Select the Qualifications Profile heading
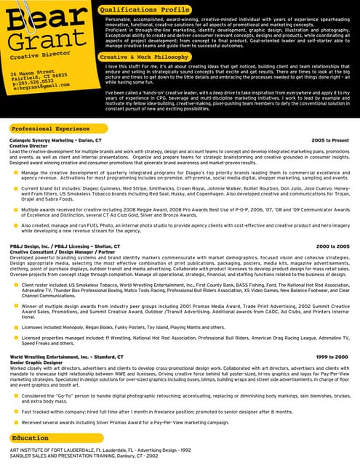click(x=149, y=9)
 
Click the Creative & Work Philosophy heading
click(x=144, y=56)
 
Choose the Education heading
click(x=31, y=438)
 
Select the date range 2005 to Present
click(x=330, y=139)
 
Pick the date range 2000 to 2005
click(x=332, y=247)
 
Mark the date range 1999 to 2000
click(x=332, y=357)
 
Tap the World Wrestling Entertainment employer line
click(x=57, y=357)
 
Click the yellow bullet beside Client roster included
click(x=16, y=286)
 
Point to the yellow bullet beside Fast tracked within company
click(x=16, y=411)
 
